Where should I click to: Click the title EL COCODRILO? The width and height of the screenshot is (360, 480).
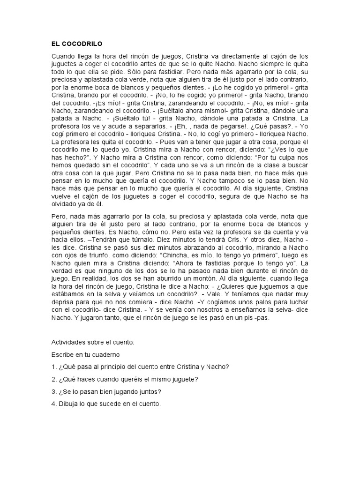77,44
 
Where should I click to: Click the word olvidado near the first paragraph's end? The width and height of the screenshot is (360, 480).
67,204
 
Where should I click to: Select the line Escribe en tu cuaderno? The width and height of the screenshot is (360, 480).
88,354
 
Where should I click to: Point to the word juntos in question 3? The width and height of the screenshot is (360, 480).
146,390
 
